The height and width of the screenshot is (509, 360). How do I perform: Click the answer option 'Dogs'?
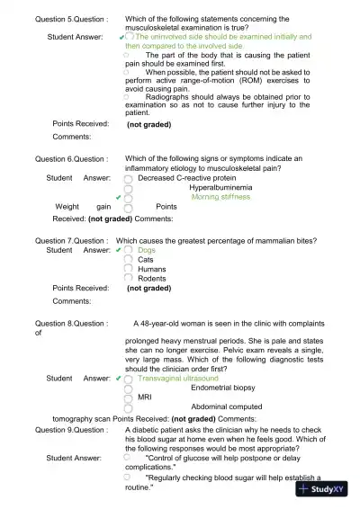point(147,250)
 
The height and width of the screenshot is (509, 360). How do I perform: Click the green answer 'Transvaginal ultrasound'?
point(178,379)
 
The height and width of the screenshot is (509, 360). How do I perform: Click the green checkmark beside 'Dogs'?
point(119,250)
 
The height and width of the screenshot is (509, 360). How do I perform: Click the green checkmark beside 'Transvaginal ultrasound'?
point(119,379)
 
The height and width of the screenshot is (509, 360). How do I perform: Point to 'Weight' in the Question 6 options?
point(68,206)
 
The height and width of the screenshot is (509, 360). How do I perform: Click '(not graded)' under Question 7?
point(148,289)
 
